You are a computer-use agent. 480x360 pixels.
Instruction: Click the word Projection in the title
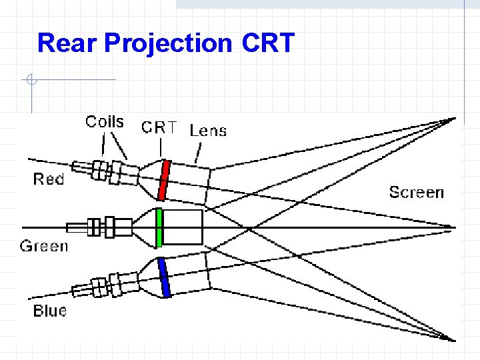click(x=168, y=44)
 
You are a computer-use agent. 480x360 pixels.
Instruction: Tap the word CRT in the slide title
click(x=268, y=43)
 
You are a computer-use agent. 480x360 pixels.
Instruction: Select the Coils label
click(x=105, y=122)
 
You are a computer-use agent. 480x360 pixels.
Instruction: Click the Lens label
click(x=209, y=131)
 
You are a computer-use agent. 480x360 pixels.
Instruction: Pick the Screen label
click(x=416, y=193)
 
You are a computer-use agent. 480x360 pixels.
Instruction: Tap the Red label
click(x=49, y=179)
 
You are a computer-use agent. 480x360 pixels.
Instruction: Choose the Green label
click(x=44, y=246)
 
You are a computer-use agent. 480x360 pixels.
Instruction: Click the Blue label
click(x=50, y=311)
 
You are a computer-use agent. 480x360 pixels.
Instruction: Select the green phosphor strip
click(x=159, y=227)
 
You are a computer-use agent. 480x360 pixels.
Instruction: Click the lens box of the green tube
click(x=183, y=227)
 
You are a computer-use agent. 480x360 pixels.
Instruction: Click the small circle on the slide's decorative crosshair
click(x=30, y=81)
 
